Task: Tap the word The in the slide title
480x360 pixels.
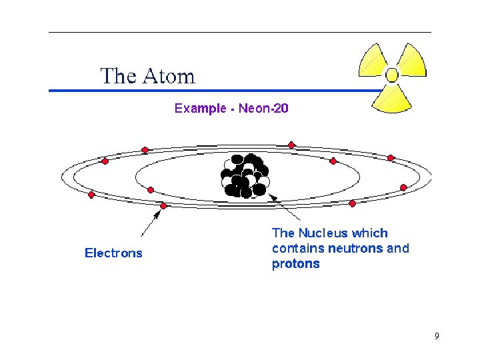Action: click(118, 76)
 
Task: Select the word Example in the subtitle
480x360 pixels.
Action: click(200, 108)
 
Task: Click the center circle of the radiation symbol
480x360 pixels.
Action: click(392, 75)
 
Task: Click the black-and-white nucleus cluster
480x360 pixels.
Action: click(245, 176)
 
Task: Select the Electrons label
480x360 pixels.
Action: click(113, 253)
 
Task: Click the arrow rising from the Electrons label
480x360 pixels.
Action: click(150, 223)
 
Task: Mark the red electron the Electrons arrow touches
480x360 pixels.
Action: click(164, 206)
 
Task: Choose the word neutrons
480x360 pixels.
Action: click(355, 249)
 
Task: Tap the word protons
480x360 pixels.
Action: click(295, 264)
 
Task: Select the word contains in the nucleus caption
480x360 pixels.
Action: click(298, 249)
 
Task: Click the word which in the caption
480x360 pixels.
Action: click(371, 233)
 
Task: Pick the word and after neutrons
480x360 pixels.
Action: click(398, 249)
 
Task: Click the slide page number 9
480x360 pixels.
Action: click(437, 336)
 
